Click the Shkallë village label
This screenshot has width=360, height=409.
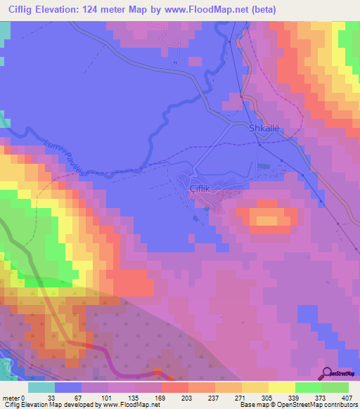(x=264, y=129)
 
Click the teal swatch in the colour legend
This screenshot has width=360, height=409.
(x=41, y=387)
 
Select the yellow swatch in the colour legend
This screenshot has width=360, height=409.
(x=281, y=387)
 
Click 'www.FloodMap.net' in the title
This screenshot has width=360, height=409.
(x=214, y=10)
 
